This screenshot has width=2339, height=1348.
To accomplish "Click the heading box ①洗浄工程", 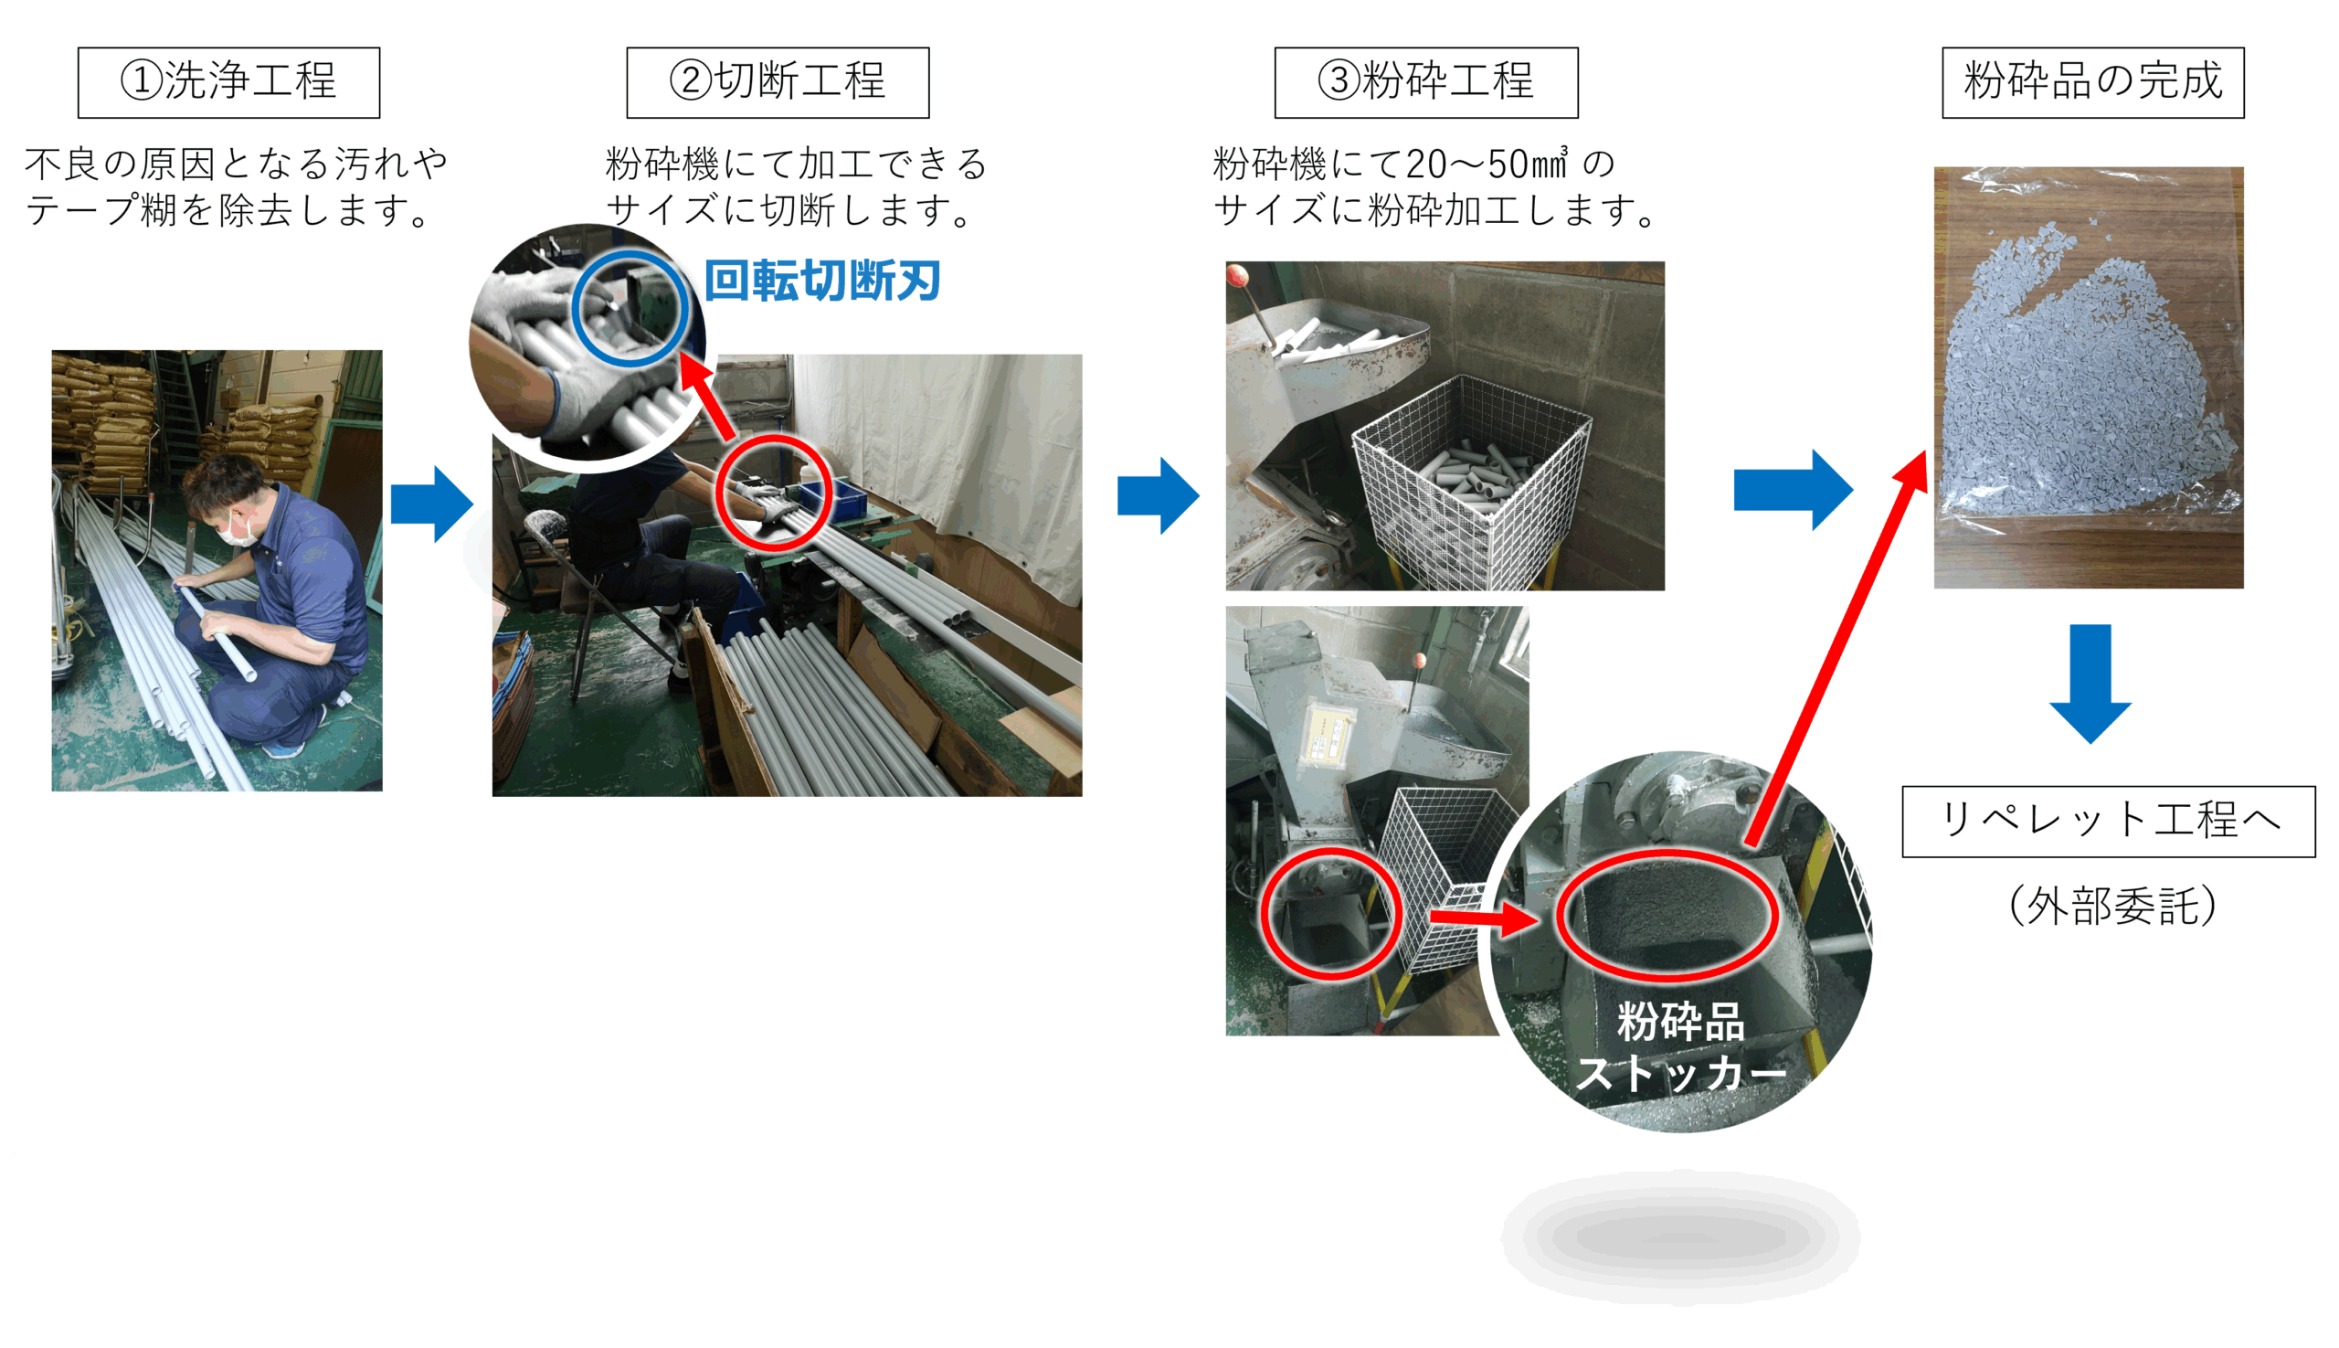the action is click(x=228, y=82).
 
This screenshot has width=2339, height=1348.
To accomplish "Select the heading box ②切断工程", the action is click(x=778, y=82).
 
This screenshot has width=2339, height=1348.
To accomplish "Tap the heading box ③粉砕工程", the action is click(x=1425, y=82).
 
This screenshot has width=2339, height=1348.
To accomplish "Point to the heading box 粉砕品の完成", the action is click(x=2092, y=82).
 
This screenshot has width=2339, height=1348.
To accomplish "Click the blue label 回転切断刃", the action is click(x=822, y=281).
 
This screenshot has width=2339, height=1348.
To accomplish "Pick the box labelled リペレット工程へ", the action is click(x=2108, y=822).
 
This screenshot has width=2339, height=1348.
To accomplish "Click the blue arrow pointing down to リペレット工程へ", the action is click(x=2090, y=684).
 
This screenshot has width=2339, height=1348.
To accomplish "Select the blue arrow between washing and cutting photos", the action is click(x=431, y=504).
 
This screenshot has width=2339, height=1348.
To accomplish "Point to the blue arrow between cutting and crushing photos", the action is click(x=1158, y=495).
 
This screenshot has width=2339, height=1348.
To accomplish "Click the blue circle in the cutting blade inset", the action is click(x=630, y=309).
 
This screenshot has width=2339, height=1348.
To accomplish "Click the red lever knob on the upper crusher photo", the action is click(x=1237, y=274).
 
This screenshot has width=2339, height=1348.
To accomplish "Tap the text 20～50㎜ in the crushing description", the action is click(x=1487, y=165).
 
